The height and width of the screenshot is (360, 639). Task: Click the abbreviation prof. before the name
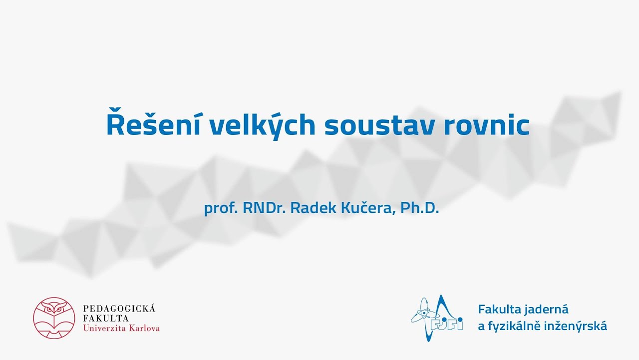221,208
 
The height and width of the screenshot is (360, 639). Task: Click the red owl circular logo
54,318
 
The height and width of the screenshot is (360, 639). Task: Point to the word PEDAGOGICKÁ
119,308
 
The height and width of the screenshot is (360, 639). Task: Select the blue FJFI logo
437,318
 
